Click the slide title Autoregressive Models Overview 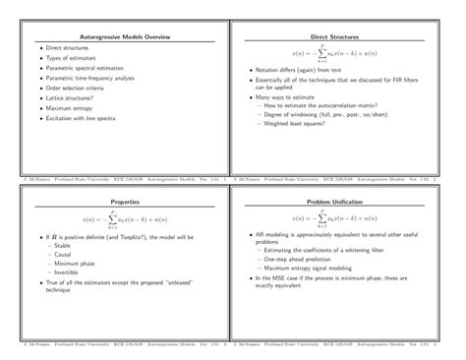117,36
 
